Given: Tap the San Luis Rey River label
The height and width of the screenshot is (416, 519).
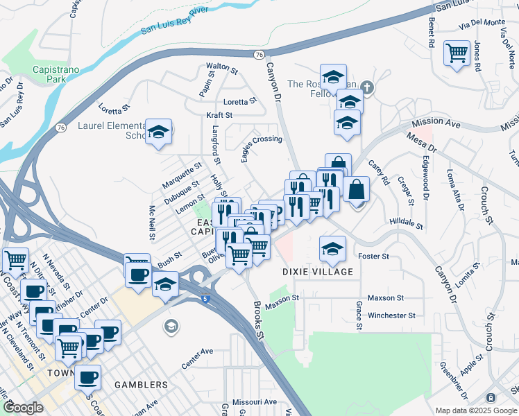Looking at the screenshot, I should (175, 20).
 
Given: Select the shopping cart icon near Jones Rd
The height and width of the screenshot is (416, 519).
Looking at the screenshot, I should (457, 53).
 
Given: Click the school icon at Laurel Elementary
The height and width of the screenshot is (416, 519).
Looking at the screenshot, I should (160, 132).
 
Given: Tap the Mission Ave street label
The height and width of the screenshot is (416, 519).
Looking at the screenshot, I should (436, 123).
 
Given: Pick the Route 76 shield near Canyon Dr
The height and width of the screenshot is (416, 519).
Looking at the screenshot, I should (259, 54).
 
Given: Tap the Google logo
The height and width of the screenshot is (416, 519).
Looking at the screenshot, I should (23, 408).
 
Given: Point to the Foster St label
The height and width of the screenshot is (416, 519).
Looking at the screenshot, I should (373, 257).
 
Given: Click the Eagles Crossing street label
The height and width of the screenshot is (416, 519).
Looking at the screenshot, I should (262, 145).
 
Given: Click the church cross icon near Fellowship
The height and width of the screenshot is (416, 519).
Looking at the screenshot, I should (367, 88).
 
